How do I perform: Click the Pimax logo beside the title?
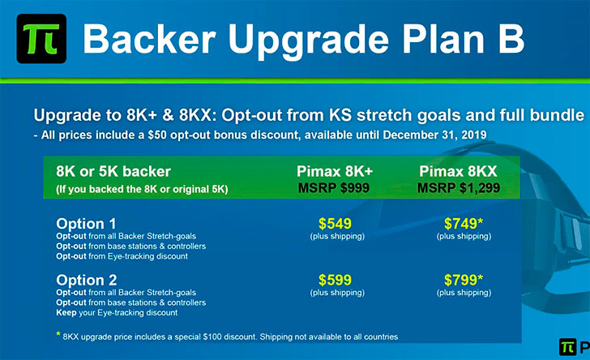coord(41,38)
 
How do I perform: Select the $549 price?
coord(335,224)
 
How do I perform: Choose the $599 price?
coord(335,280)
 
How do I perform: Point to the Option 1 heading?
coord(86,224)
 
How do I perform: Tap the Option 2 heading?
coord(87,281)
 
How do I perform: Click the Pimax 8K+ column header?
coord(335,171)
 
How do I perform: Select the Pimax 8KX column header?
coord(458,171)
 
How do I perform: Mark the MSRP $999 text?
coord(334,187)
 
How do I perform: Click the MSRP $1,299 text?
coord(459,187)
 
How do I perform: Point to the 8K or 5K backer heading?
coord(113,172)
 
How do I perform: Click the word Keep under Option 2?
coord(66,312)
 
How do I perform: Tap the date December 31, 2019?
coord(434,135)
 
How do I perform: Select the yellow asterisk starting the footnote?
coord(58,334)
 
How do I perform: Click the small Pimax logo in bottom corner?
coord(568,347)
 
